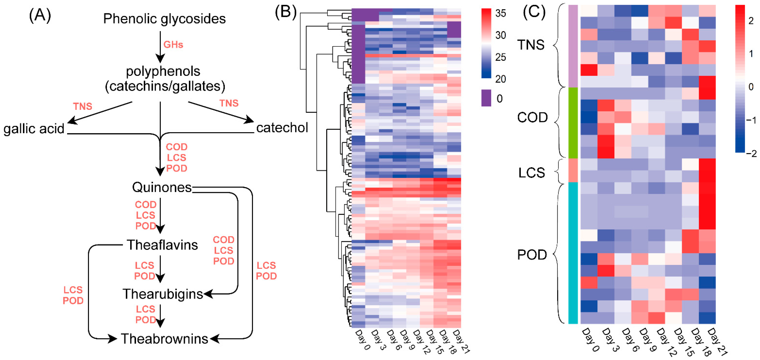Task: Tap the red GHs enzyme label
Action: tap(173, 45)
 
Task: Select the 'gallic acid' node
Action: tap(34, 129)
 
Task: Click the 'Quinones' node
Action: tap(162, 187)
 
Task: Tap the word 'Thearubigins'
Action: tap(163, 294)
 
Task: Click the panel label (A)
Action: tap(40, 15)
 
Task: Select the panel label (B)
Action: tap(285, 12)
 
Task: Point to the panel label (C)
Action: tap(534, 12)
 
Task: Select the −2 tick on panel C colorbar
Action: tap(751, 153)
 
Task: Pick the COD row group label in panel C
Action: tap(532, 118)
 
